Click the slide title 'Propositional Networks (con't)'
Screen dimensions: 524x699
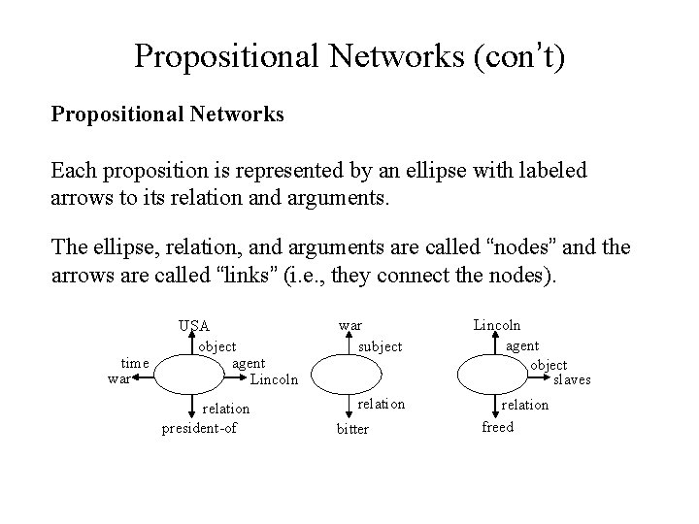tap(349, 55)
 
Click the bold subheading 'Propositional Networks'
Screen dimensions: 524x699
tap(167, 115)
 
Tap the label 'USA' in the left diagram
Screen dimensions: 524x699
tap(193, 325)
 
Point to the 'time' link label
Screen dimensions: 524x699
tap(134, 363)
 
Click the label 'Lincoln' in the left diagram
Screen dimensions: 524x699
tap(274, 378)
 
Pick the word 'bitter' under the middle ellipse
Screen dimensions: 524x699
tap(352, 428)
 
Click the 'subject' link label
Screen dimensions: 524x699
tap(380, 345)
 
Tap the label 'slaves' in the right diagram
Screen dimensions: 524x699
tap(572, 379)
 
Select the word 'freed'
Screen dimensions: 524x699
tap(497, 426)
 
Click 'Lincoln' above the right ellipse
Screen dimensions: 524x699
tap(497, 325)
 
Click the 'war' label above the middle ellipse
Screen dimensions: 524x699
tap(349, 325)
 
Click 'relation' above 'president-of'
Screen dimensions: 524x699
tap(226, 409)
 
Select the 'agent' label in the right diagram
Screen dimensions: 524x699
tap(524, 344)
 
